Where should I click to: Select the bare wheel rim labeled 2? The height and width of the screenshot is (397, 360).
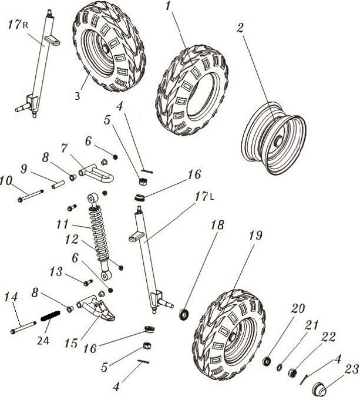click(274, 139)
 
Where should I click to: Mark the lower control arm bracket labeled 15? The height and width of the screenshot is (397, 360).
click(96, 308)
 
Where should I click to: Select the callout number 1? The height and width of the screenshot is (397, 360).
click(168, 7)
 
